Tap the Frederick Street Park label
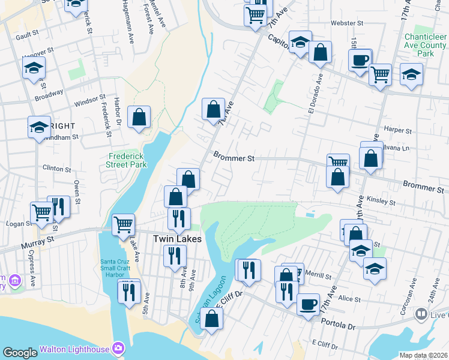[126, 160]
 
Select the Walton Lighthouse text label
[74, 349]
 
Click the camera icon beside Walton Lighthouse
[119, 349]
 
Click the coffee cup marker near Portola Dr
[308, 304]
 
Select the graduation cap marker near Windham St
[39, 127]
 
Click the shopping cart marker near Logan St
[42, 212]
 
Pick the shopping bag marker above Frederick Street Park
[139, 117]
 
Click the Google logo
[20, 353]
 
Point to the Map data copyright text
[423, 355]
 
